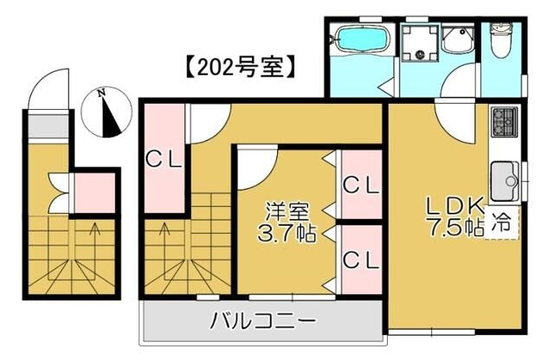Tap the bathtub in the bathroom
[358, 39]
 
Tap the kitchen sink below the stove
[505, 180]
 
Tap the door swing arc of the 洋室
[256, 170]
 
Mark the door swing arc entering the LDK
[455, 120]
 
